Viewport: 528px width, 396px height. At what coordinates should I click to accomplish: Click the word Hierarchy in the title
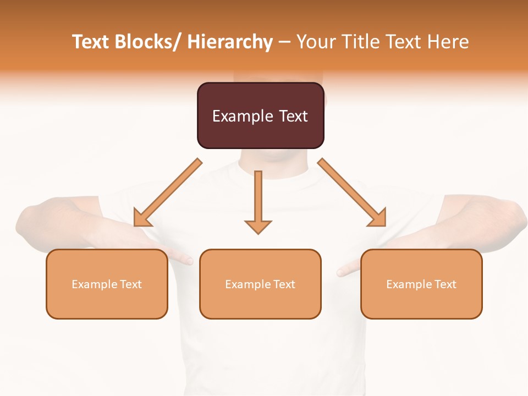click(x=230, y=42)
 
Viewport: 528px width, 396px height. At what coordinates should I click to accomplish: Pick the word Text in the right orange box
click(x=444, y=284)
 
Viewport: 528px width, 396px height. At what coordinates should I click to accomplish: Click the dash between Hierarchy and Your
click(x=284, y=42)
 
